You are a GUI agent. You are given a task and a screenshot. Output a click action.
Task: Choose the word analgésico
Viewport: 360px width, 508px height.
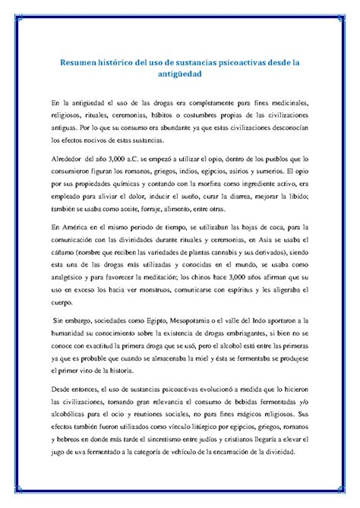coord(68,276)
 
